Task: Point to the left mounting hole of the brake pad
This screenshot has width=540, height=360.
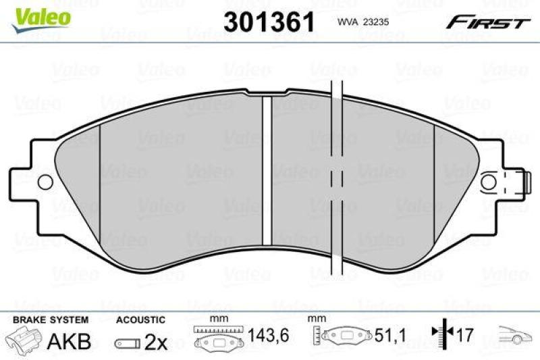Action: click(45, 182)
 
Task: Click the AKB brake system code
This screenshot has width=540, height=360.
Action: click(68, 342)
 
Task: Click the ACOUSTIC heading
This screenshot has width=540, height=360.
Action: click(140, 319)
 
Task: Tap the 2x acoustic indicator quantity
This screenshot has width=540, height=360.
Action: click(156, 342)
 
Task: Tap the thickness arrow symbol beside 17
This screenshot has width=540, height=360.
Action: click(440, 336)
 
